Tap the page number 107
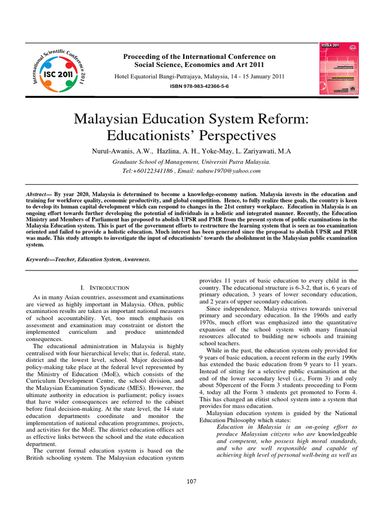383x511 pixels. click(x=191, y=482)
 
